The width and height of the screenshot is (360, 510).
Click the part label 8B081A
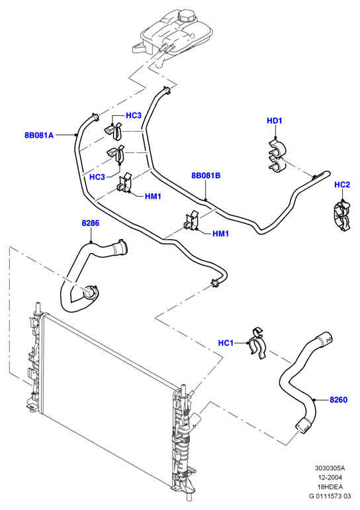(x=39, y=135)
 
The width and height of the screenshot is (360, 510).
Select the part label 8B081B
(x=206, y=176)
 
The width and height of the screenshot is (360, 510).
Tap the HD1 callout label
(x=275, y=121)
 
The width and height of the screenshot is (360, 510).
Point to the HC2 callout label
(x=342, y=185)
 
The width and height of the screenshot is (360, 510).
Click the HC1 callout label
(x=226, y=343)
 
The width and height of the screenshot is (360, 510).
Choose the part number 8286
(x=90, y=223)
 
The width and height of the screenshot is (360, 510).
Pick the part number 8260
(x=339, y=399)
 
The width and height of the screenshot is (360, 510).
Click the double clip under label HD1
(x=277, y=155)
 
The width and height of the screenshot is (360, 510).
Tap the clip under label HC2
(x=342, y=217)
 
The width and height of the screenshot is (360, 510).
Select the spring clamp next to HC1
(x=257, y=345)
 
